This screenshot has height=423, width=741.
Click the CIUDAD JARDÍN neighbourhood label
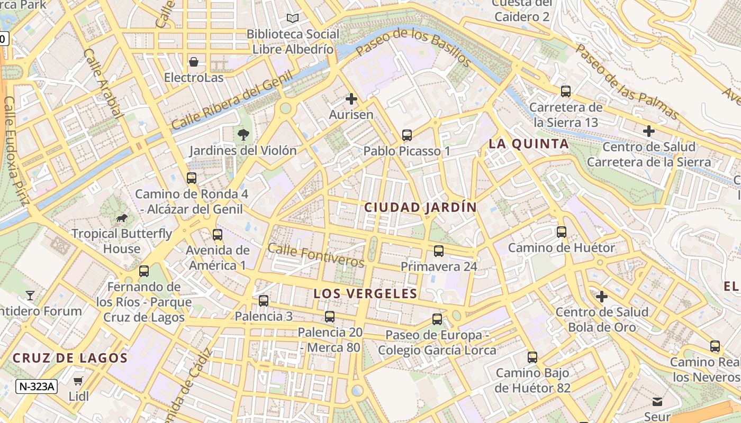(x=420, y=207)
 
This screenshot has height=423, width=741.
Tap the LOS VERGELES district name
(x=365, y=293)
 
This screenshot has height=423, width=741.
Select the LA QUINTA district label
(x=528, y=144)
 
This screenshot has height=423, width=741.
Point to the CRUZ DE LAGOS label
(x=70, y=358)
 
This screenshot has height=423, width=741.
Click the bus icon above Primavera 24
(x=439, y=251)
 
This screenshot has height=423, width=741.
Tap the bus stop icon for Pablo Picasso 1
(x=406, y=135)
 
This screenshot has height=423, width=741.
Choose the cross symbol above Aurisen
(x=351, y=99)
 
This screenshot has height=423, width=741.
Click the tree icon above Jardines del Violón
(x=243, y=135)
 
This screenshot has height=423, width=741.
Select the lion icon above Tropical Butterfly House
(x=122, y=218)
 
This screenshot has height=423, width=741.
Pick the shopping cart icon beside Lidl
(x=78, y=381)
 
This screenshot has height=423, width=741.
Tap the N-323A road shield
(x=36, y=387)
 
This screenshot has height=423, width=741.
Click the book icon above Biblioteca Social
(x=293, y=19)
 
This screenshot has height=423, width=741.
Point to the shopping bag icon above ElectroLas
(x=194, y=62)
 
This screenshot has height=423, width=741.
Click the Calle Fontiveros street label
(x=316, y=255)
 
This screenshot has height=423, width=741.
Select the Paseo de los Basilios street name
(x=413, y=48)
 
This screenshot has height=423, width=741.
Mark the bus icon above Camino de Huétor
(x=562, y=232)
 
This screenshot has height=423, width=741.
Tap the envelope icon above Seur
(x=657, y=402)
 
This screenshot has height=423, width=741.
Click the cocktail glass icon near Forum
(x=30, y=295)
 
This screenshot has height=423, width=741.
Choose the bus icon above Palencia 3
(x=264, y=301)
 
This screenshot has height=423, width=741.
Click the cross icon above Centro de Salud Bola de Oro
(x=602, y=297)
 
